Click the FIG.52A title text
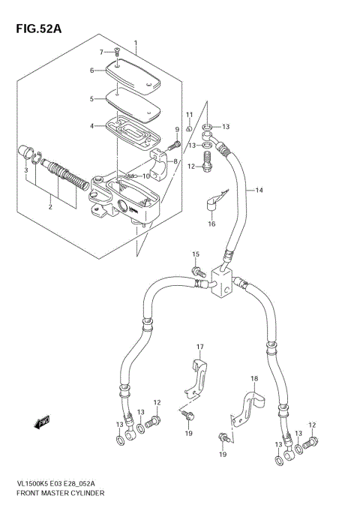34,29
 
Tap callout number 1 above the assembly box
136,43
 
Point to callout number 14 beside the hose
259,191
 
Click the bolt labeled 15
198,271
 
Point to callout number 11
190,115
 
